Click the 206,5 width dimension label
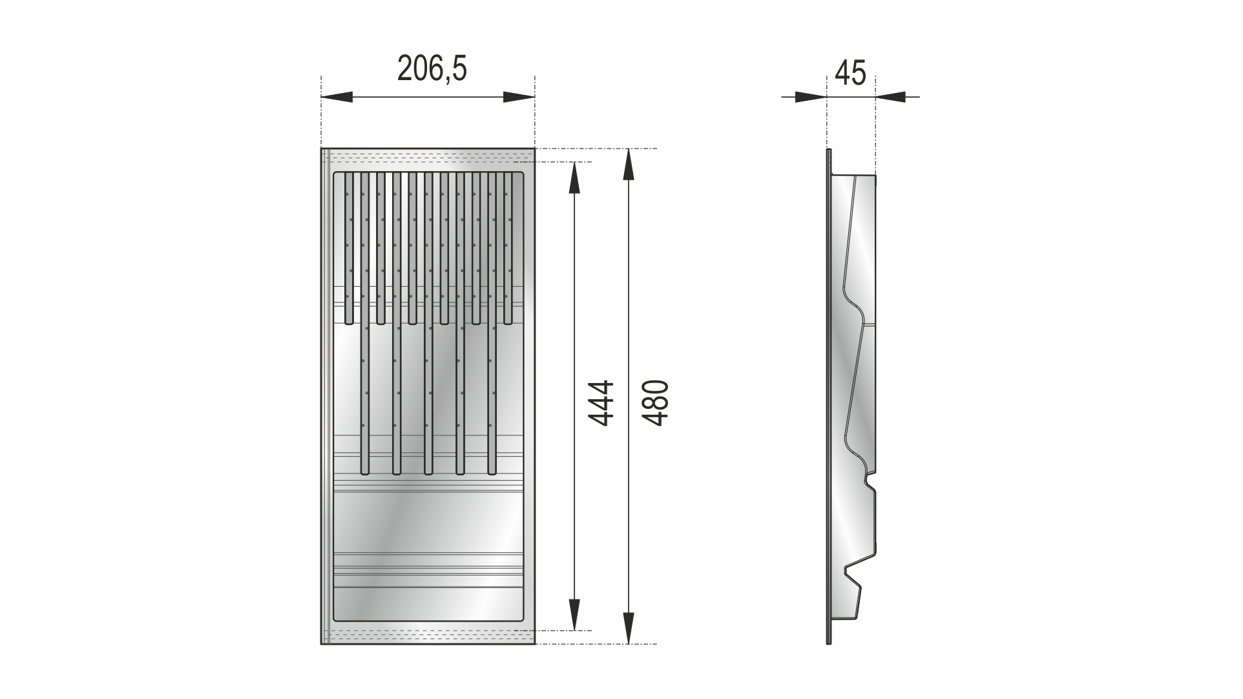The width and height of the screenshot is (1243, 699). click(432, 68)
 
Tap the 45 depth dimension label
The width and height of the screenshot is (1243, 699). click(850, 73)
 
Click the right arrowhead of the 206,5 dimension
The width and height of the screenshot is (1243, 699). click(519, 98)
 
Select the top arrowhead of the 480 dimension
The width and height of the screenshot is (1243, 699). click(627, 165)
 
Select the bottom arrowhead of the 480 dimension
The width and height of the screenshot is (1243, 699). click(627, 628)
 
